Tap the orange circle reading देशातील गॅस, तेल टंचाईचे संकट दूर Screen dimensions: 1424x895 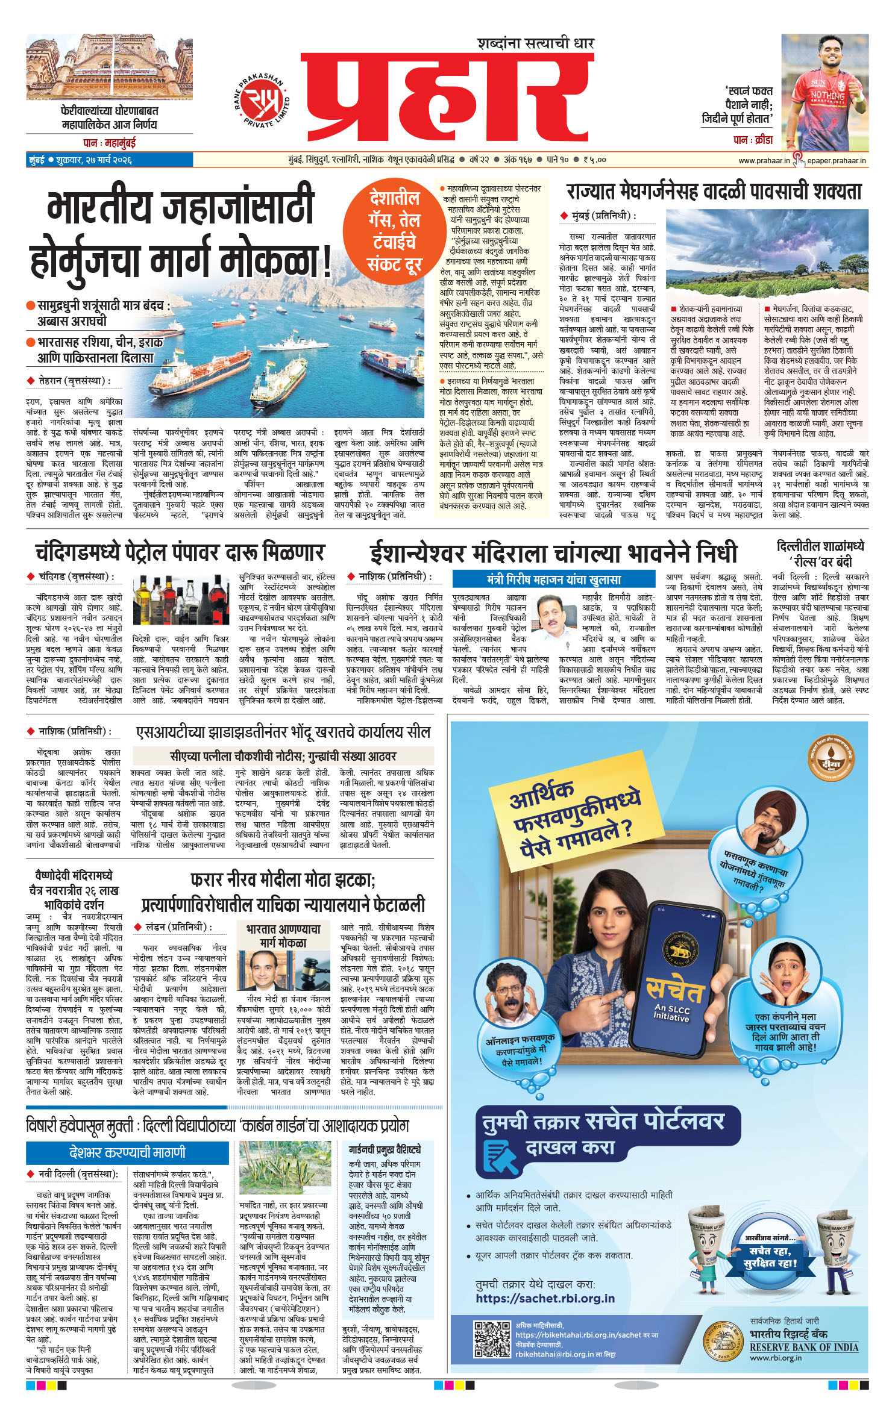(x=394, y=231)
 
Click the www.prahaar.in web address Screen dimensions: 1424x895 (x=764, y=160)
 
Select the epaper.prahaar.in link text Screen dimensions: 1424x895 (x=836, y=160)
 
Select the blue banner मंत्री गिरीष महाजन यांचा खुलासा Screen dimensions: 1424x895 (x=553, y=579)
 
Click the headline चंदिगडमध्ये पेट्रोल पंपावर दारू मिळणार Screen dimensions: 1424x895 (x=179, y=552)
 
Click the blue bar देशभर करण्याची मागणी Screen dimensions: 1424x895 (x=127, y=1153)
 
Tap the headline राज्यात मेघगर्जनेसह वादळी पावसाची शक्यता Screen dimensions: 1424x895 (x=714, y=192)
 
